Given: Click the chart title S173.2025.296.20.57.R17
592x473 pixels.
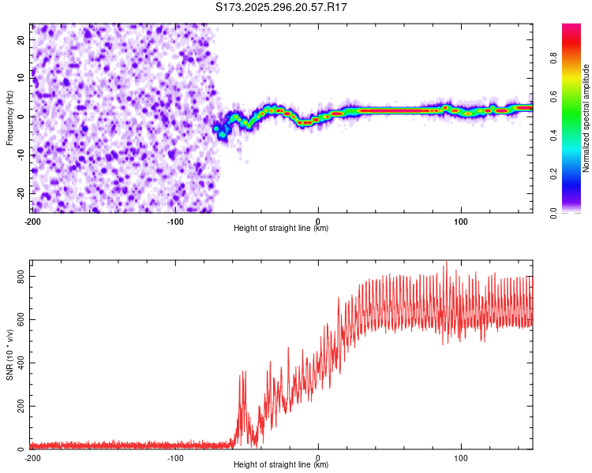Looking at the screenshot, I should pyautogui.click(x=282, y=7).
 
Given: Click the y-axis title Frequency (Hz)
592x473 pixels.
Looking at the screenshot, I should pyautogui.click(x=9, y=117).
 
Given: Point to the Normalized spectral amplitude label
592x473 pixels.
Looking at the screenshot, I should pyautogui.click(x=586, y=118).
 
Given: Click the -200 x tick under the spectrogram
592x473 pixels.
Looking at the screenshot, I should pyautogui.click(x=32, y=221).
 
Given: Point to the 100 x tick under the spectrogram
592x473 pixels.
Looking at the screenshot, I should pyautogui.click(x=461, y=221).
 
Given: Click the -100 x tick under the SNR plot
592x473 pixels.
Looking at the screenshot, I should pyautogui.click(x=175, y=457).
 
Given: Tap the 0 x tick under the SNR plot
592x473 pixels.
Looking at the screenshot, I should pyautogui.click(x=318, y=457).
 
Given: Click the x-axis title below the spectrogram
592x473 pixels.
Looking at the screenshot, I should pyautogui.click(x=281, y=229).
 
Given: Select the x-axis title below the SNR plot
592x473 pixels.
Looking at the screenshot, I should pyautogui.click(x=281, y=465).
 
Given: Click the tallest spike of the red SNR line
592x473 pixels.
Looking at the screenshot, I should pyautogui.click(x=446, y=263).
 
